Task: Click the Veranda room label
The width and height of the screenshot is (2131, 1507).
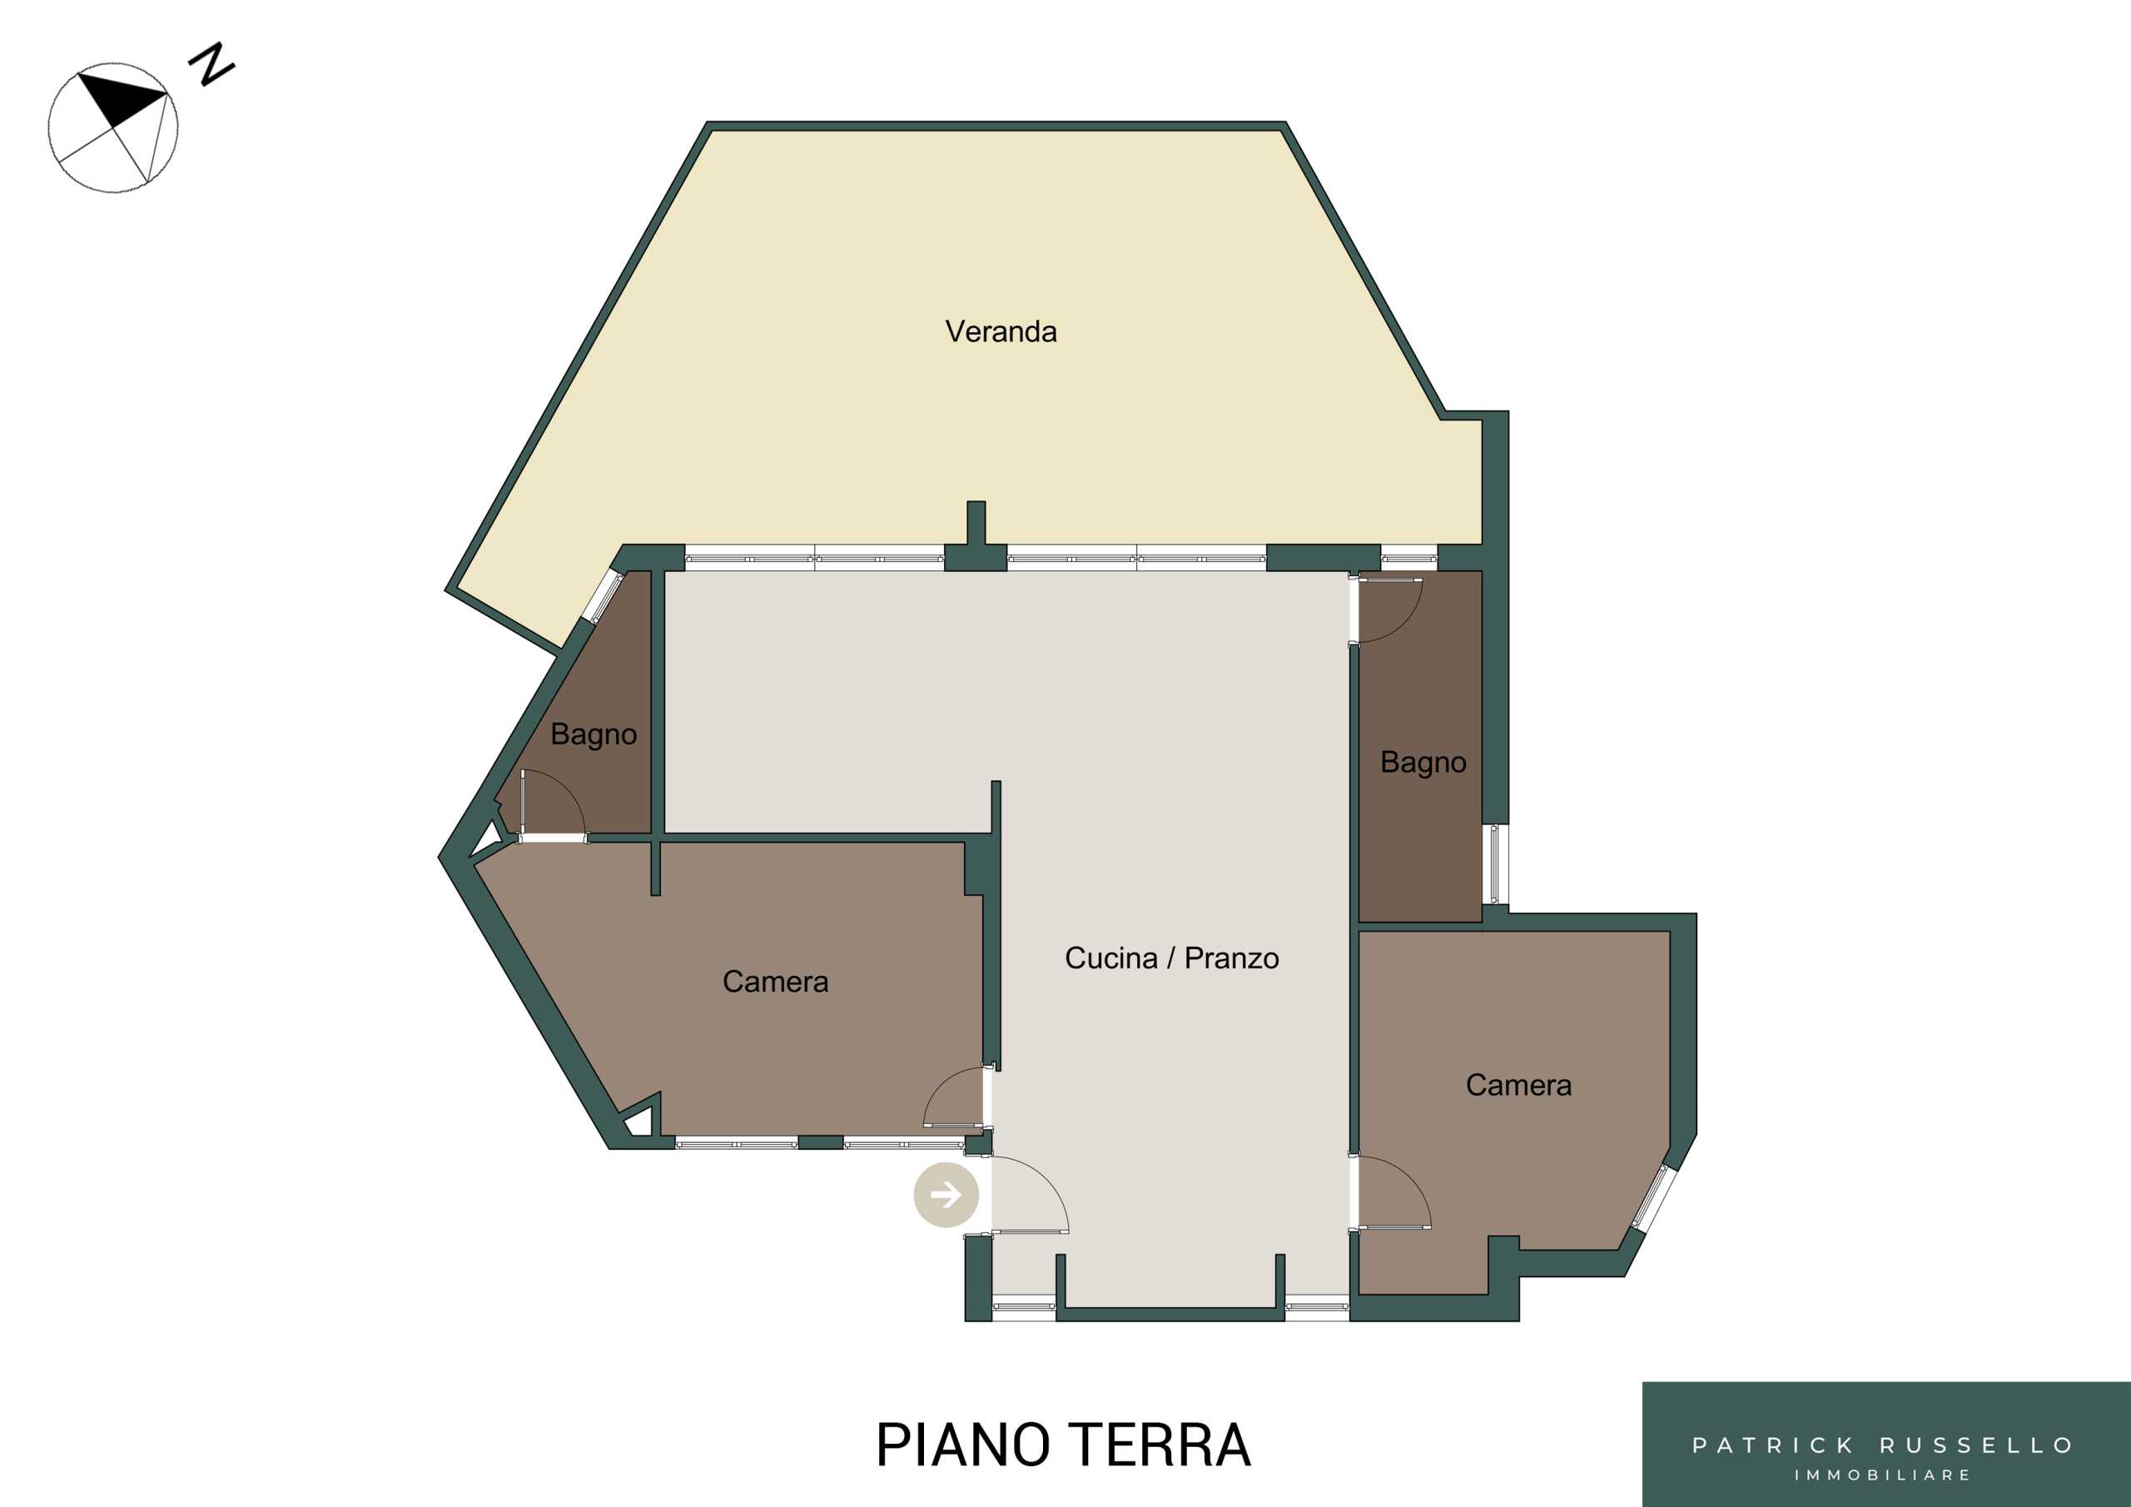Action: [1001, 331]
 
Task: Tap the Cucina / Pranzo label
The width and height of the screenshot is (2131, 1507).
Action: [1171, 958]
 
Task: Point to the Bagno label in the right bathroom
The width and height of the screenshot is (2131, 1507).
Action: [1423, 763]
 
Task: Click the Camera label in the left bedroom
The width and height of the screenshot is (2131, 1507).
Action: [775, 982]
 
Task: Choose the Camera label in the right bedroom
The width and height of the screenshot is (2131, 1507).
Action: [1518, 1085]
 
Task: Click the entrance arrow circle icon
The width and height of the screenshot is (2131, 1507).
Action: [946, 1195]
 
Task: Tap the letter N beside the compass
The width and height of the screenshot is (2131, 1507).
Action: [211, 64]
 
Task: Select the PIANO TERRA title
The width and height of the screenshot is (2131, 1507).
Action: [1064, 1445]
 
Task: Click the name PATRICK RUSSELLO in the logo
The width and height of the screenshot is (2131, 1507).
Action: [1883, 1445]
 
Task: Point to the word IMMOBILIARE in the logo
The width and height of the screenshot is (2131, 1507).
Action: [1883, 1475]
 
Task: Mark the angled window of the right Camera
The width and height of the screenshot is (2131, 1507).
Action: [1655, 1199]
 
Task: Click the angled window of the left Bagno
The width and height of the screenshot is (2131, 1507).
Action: [603, 596]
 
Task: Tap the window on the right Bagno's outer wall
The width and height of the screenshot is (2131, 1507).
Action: [1494, 864]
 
